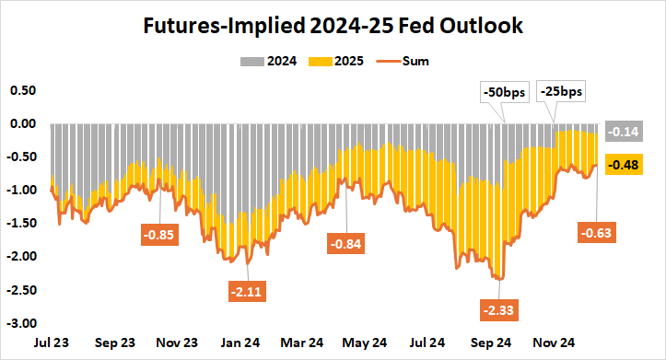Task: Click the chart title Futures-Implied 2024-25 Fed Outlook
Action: click(333, 26)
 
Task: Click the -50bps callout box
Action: click(504, 92)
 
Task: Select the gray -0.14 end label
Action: click(626, 132)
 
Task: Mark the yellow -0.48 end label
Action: click(626, 166)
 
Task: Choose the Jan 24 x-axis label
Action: click(240, 343)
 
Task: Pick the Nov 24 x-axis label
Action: click(556, 343)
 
